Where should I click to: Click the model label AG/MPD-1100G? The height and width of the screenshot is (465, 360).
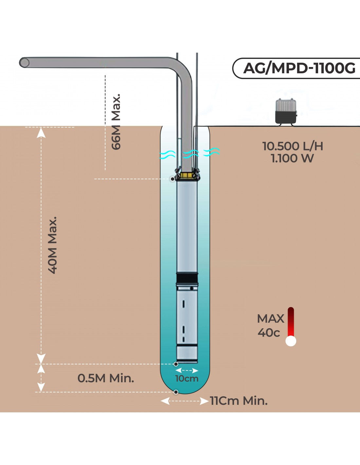coord(299,68)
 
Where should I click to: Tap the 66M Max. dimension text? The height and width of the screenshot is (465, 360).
coord(116,122)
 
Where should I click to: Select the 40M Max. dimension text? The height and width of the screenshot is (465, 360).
coord(53,245)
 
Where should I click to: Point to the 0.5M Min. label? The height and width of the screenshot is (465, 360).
coord(106,378)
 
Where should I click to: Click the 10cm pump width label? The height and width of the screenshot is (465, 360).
coord(187,379)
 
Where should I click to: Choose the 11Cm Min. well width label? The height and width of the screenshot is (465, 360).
coord(239,401)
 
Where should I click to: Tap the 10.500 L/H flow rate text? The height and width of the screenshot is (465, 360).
coord(293,146)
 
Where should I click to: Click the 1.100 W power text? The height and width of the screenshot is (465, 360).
coord(292,159)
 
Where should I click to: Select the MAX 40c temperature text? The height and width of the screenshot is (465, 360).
coord(270,325)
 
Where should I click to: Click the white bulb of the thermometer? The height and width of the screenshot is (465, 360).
coord(291,341)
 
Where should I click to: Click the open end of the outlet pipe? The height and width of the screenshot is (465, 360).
coord(24,62)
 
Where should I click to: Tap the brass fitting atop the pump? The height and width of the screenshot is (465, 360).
coord(187,176)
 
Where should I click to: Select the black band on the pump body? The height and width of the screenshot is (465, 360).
coord(187,279)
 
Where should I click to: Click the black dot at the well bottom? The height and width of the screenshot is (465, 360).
coord(176,392)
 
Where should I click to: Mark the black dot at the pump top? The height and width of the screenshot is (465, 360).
coord(172,179)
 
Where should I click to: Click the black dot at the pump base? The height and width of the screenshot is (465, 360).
coord(176,364)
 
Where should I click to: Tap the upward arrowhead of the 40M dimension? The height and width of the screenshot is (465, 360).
coord(41,132)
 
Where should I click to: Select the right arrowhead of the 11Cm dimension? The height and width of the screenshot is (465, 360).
coord(204,401)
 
